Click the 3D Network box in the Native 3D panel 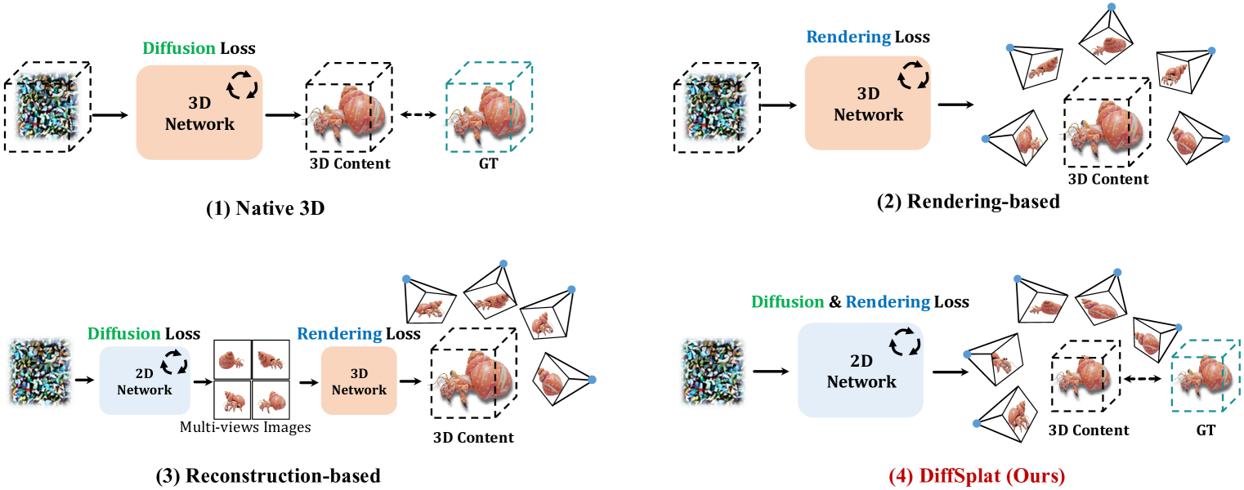(199, 113)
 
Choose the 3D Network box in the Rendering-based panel (867, 104)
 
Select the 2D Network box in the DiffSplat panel (860, 371)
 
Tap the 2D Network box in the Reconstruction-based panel (144, 381)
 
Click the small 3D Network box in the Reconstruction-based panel (358, 381)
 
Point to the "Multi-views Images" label (245, 427)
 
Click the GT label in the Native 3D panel (490, 163)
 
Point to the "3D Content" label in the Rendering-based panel (1108, 180)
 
